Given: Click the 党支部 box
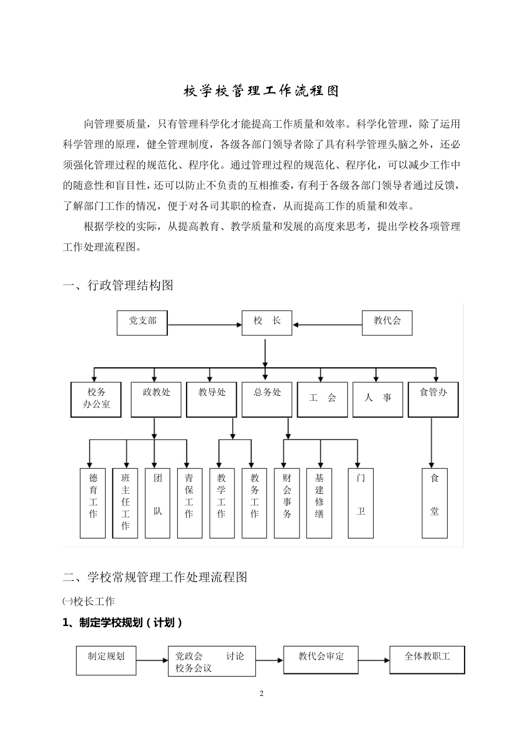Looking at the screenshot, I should tap(142, 323).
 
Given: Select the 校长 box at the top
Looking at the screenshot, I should tap(267, 323).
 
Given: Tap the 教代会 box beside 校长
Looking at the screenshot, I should tap(387, 323).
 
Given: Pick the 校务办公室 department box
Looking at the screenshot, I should tap(96, 399).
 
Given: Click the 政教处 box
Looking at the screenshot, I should tap(156, 399).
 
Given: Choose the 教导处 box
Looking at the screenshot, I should tap(212, 399).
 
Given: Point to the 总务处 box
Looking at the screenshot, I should tap(267, 399).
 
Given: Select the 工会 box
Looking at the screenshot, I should tap(323, 399).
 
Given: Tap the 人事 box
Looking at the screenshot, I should tap(378, 399).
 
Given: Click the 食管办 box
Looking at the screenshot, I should tap(433, 399).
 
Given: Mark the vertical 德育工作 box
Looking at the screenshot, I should tap(92, 503).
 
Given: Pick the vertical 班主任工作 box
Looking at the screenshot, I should tap(126, 503).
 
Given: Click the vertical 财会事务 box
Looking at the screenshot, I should tap(287, 503).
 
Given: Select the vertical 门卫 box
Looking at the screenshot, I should tap(361, 503).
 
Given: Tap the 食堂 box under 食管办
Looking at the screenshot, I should tap(434, 503).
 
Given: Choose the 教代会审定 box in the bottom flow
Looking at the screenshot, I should tap(321, 660).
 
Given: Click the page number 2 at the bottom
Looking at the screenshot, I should tap(261, 693).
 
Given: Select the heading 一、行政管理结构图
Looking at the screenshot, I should tap(118, 285).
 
